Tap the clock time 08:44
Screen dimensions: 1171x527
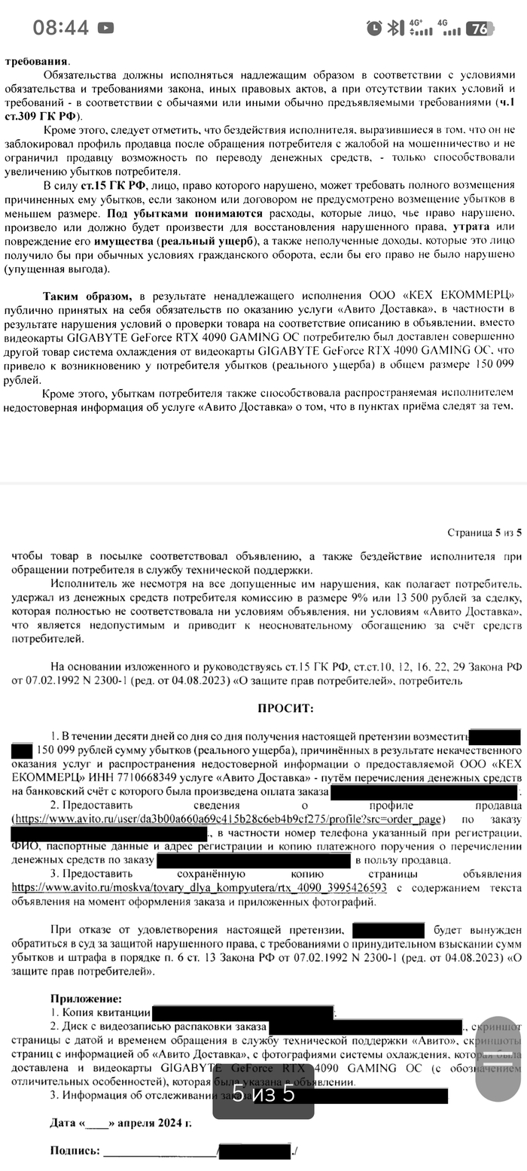60,29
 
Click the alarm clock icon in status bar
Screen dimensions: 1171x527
374,29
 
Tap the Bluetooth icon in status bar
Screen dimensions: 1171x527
395,29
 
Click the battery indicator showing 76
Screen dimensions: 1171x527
478,29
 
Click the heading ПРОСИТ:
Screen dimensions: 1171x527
285,708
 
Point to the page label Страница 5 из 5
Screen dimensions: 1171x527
485,533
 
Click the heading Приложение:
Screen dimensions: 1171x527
81,998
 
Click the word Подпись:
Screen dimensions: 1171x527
75,1151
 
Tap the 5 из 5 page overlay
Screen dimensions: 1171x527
263,1093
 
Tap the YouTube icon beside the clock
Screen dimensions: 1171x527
106,29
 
